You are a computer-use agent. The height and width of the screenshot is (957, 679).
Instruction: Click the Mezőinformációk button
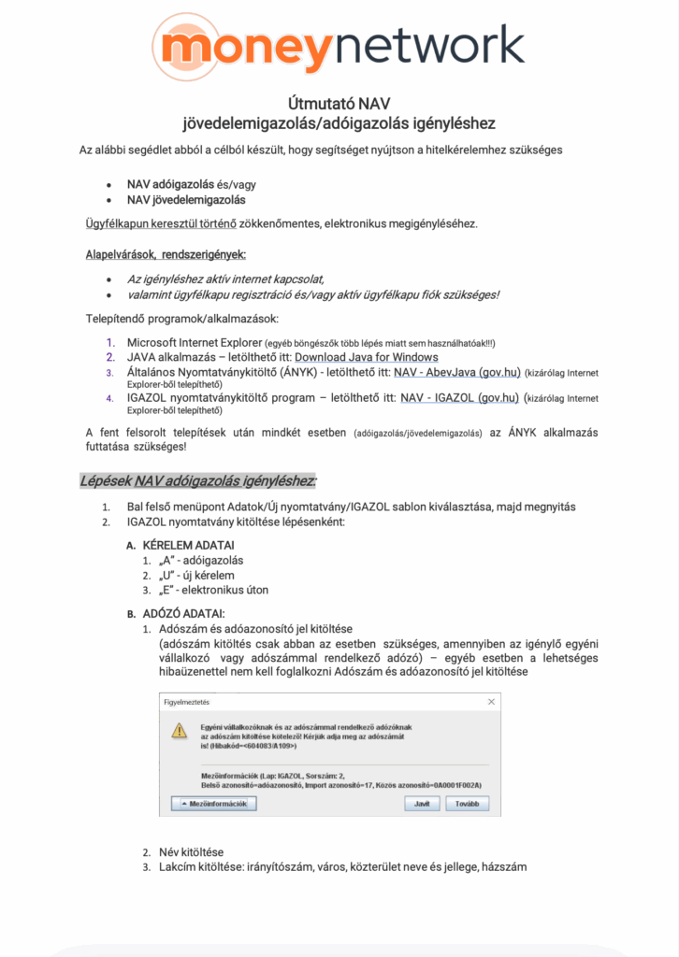tap(213, 803)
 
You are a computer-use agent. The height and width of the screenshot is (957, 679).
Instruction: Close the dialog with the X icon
tap(491, 701)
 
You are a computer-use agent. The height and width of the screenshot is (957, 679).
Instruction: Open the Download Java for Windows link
tap(367, 357)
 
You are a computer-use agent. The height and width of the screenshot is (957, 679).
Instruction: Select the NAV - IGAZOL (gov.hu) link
tap(459, 397)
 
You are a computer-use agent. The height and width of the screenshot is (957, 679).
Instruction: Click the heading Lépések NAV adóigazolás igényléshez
tap(197, 481)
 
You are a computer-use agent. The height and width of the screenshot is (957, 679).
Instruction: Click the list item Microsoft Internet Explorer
tap(194, 342)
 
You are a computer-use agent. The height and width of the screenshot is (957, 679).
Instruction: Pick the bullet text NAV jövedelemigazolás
tap(186, 199)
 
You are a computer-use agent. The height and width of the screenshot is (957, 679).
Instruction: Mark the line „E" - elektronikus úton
tap(213, 590)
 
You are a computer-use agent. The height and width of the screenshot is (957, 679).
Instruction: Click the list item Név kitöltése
tap(190, 852)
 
